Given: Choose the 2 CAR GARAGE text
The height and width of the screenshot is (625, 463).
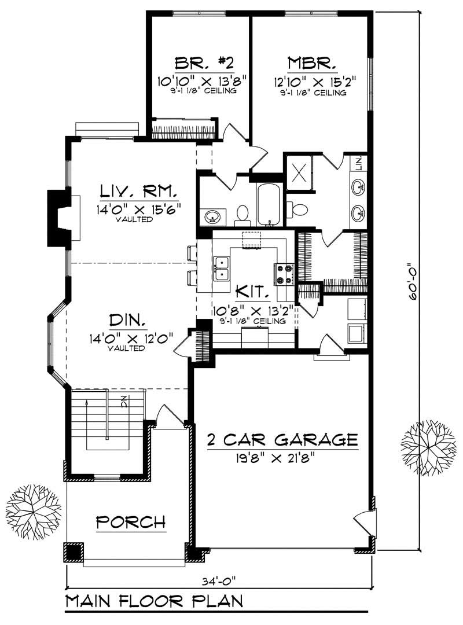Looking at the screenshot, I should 282,440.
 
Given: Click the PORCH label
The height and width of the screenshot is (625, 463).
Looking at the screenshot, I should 131,522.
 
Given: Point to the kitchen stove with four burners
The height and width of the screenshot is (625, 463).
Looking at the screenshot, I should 285,274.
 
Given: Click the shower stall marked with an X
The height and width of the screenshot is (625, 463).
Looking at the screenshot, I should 300,173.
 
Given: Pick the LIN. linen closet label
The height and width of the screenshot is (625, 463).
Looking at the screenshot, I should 359,164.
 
